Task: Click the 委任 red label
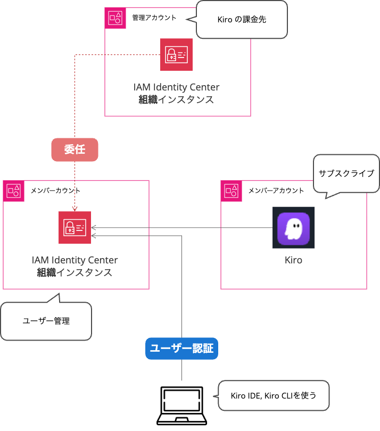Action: coord(75,150)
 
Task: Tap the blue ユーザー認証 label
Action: coord(181,349)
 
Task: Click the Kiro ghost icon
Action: coord(293,228)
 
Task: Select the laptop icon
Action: coord(181,406)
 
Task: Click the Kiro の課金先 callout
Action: coord(242,20)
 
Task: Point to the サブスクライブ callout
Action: coord(346,173)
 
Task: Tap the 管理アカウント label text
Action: coord(154,18)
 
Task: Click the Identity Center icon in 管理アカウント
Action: coord(176,54)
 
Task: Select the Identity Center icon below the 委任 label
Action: coord(75,228)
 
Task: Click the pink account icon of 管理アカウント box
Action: coord(115,18)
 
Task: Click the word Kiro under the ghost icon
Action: coord(293,261)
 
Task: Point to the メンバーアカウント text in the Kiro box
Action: coord(276,190)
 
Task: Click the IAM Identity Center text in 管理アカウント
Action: coord(176,87)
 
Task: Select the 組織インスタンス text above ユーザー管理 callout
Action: coord(75,272)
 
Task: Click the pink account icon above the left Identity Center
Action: coord(13,190)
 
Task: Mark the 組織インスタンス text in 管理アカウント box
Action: coord(176,100)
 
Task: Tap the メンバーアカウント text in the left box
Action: coord(56,190)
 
